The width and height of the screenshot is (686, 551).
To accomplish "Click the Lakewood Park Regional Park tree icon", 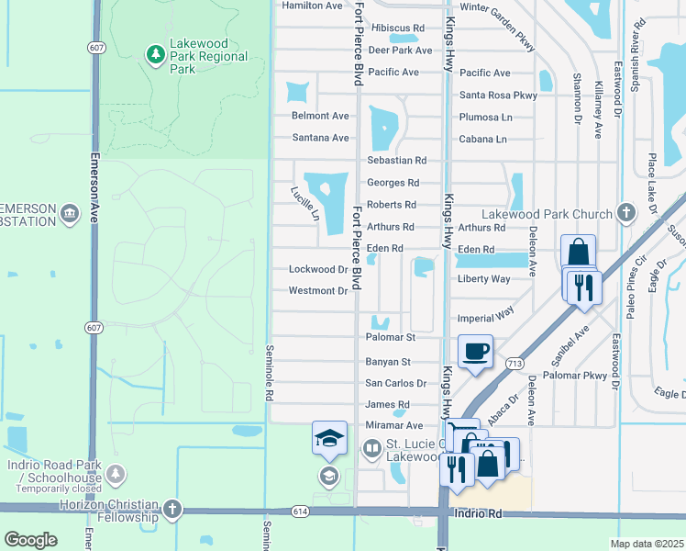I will tap(155, 56).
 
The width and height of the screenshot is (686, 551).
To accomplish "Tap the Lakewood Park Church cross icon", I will tap(625, 214).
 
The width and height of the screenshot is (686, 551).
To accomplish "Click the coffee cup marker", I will tap(475, 352).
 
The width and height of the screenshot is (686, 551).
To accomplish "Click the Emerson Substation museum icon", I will tap(69, 214).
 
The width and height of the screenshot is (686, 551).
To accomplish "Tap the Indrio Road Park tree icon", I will tap(116, 474).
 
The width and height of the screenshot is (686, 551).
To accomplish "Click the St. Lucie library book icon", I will tap(371, 450).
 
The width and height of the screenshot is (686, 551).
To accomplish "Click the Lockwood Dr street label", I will tap(318, 270).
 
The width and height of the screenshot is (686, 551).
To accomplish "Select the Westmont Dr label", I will tap(318, 291).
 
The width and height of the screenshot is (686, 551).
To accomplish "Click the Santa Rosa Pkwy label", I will tap(498, 95).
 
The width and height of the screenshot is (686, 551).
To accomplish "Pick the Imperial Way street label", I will tap(487, 317).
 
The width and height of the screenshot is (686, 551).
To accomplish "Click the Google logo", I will tap(30, 540).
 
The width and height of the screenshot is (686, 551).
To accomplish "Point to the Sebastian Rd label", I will tap(397, 161).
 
